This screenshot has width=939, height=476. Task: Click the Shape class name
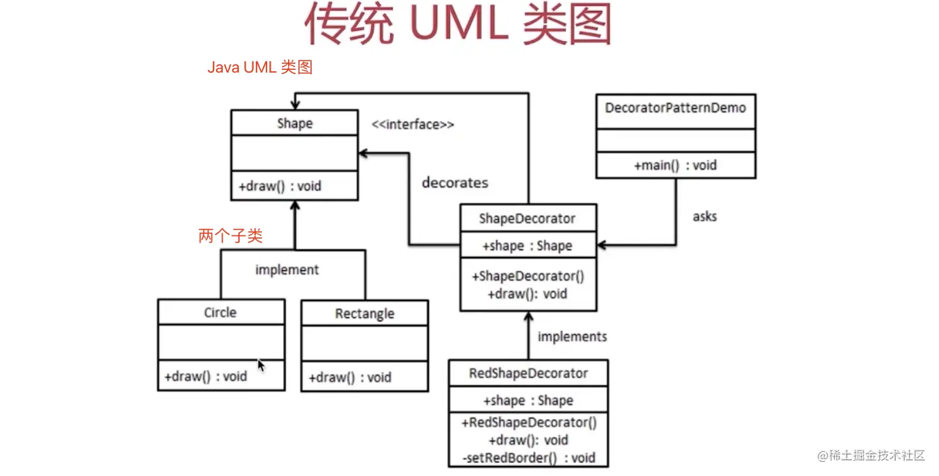coord(294,124)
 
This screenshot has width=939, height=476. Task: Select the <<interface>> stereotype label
coord(413,124)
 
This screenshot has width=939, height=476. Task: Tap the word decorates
coord(455,182)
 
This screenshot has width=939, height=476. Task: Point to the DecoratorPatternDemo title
coord(675,108)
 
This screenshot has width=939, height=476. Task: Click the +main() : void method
coord(675,165)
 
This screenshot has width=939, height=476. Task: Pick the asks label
coord(705,216)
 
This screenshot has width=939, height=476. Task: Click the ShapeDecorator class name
coord(527,219)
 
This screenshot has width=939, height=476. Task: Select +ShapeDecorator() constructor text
coord(528,276)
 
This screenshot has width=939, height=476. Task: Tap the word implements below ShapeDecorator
coord(572,336)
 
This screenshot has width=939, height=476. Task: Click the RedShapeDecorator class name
coord(528,373)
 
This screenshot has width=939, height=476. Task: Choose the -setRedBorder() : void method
coord(529,458)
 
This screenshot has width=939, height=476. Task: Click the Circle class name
coord(220,312)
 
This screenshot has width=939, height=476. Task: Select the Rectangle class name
coord(364,314)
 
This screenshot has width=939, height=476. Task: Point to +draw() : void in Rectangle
coord(349,377)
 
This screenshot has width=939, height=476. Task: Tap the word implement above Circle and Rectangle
coord(287,270)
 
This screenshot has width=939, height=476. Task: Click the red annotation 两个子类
coord(230,236)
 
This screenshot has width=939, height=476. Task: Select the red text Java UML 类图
coord(260,67)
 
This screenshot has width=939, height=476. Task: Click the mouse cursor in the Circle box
coord(261,364)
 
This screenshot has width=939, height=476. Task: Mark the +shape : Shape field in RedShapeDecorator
coord(528,401)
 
